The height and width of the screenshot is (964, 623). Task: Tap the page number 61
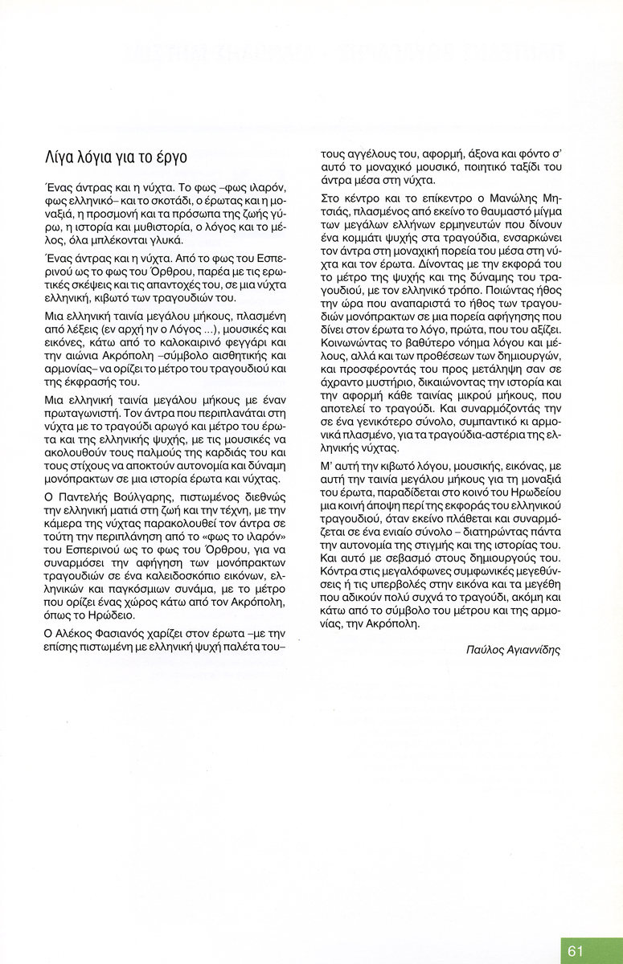[x=576, y=951]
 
